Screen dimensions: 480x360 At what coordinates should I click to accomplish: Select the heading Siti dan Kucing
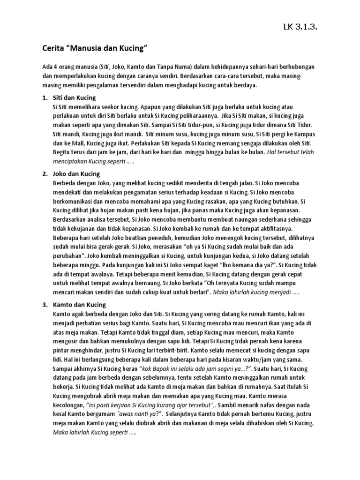pyautogui.click(x=75, y=97)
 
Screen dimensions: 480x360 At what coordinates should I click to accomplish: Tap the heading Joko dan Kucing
pyautogui.click(x=77, y=174)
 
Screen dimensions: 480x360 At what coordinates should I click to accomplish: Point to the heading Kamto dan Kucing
pyautogui.click(x=80, y=305)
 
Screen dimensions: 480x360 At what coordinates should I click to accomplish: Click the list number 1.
pyautogui.click(x=45, y=97)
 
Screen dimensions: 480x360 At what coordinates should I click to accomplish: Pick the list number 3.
pyautogui.click(x=45, y=305)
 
